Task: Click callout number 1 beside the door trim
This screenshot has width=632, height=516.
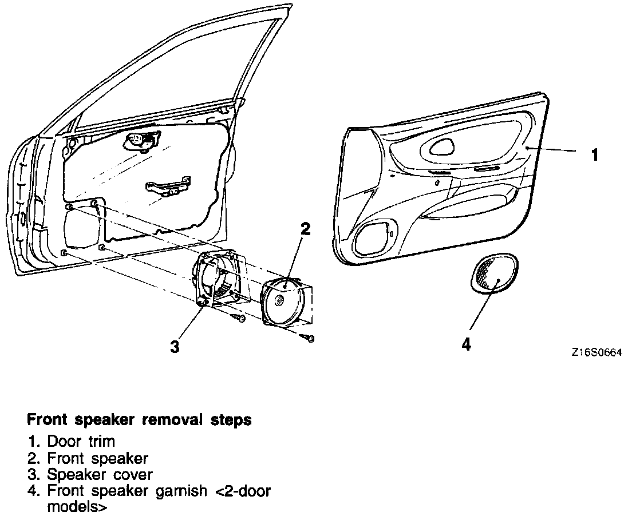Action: click(x=595, y=154)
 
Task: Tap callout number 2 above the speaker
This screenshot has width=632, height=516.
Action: click(x=306, y=229)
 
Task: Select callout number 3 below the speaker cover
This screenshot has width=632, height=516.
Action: click(x=175, y=346)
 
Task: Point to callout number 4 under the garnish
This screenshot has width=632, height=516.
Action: click(x=467, y=345)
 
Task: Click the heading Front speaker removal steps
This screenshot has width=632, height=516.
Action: click(x=139, y=420)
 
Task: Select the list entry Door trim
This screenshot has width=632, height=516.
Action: click(x=81, y=442)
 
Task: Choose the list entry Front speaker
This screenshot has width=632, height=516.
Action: click(x=97, y=458)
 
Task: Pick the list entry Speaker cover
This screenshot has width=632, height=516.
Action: click(x=100, y=475)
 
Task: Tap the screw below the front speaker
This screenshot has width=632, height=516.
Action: click(x=310, y=339)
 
